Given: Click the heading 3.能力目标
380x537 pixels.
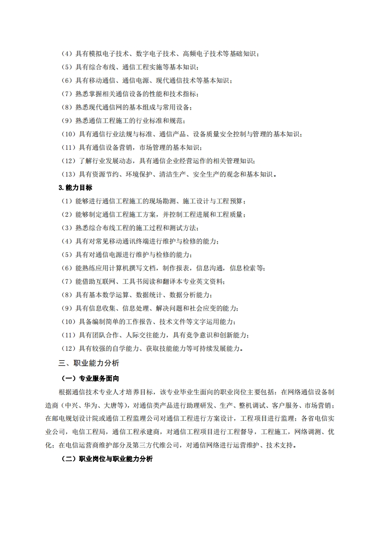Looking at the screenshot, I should click(75, 187).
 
